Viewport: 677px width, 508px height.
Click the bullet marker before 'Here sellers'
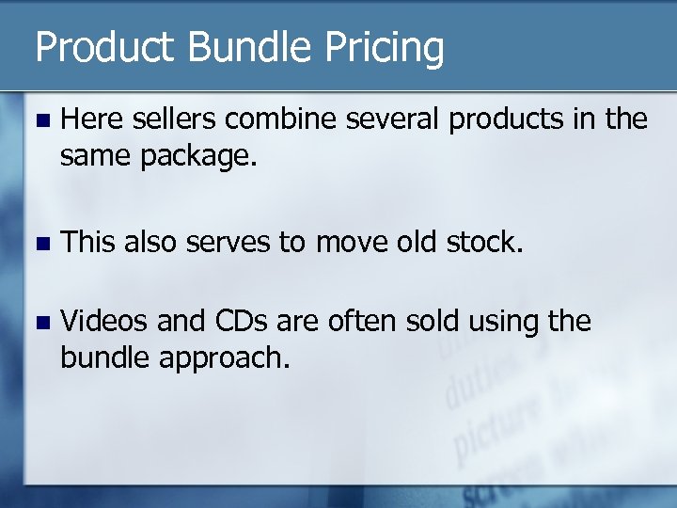(39, 120)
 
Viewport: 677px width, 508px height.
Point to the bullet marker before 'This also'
(39, 243)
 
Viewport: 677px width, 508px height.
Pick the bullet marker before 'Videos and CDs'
(39, 323)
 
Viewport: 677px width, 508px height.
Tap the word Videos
(103, 322)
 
